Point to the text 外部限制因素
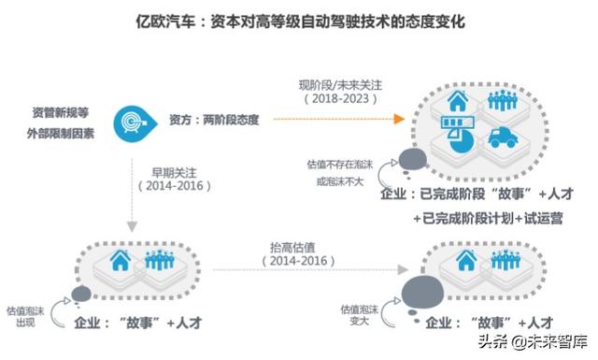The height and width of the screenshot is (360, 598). tap(60, 131)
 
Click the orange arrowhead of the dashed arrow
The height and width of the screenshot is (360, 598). tap(400, 120)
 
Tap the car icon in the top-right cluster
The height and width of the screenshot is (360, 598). tap(503, 137)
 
